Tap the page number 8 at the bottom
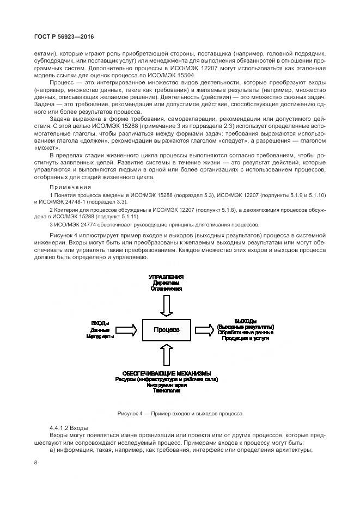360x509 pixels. (x=35, y=462)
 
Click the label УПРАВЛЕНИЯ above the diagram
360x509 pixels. (x=166, y=277)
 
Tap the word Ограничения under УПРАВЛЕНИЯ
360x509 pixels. (x=166, y=290)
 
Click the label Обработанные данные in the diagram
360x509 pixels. (x=245, y=332)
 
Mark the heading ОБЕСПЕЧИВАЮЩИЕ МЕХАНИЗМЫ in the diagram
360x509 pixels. (x=166, y=373)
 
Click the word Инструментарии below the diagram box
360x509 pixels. (x=166, y=385)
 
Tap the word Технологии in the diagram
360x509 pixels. (x=166, y=391)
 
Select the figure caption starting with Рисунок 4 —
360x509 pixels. (x=180, y=414)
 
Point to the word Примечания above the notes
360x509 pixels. (x=68, y=187)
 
